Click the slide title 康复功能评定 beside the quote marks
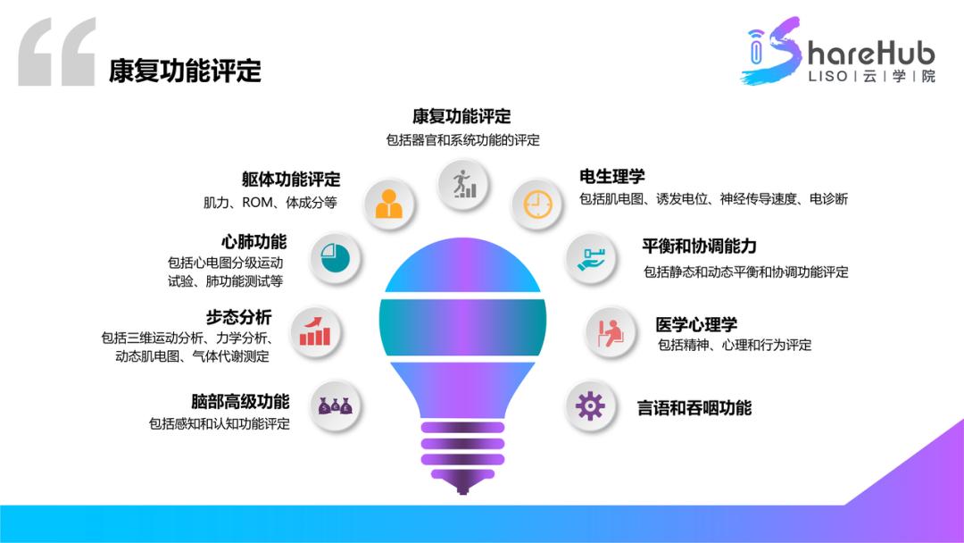(185, 71)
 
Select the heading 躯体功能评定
(291, 180)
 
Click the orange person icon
(388, 205)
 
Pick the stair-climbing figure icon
(463, 183)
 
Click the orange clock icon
(537, 205)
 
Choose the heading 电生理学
(612, 176)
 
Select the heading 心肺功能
(254, 241)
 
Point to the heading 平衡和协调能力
(699, 246)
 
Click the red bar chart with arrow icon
(315, 331)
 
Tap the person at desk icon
(611, 332)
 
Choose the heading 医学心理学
(696, 324)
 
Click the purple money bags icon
(336, 406)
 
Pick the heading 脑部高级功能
(240, 402)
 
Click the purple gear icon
(590, 406)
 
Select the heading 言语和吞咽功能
(694, 408)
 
